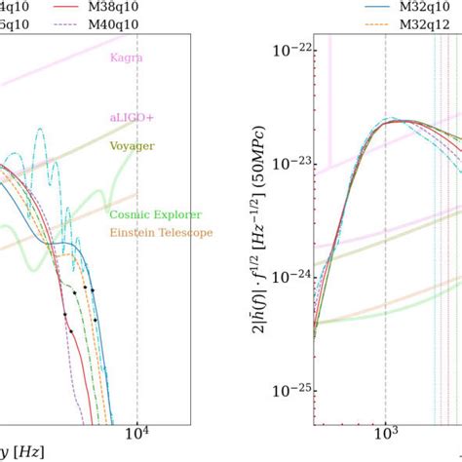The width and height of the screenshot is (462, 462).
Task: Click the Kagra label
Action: pos(127,58)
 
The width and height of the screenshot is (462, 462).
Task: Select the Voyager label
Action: pos(132,146)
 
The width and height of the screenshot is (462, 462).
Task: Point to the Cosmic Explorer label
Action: pos(144,213)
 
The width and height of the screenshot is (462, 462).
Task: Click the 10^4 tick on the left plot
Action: pos(137,432)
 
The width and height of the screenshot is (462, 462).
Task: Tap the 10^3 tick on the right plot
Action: pos(387,432)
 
